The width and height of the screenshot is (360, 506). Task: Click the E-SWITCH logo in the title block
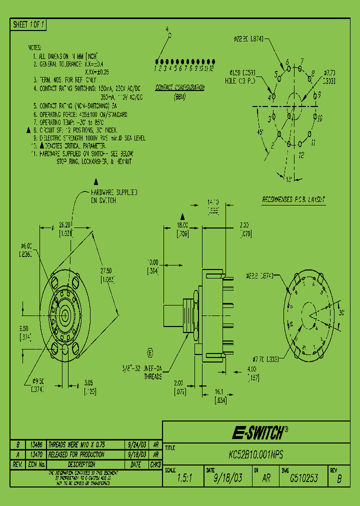point(259,432)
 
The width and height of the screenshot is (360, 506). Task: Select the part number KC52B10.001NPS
point(255,455)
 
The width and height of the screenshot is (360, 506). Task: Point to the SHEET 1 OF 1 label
point(28,24)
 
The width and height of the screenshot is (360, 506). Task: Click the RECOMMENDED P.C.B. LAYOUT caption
point(293,199)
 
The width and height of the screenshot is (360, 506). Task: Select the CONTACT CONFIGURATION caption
point(179,87)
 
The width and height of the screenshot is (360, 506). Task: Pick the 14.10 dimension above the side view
point(213,202)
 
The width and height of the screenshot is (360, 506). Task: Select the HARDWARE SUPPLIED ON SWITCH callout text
point(114,196)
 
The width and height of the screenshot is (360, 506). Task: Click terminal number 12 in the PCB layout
point(301,155)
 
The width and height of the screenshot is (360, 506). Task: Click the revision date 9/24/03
point(136,444)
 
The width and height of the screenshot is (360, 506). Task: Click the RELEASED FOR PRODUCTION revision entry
point(75,454)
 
